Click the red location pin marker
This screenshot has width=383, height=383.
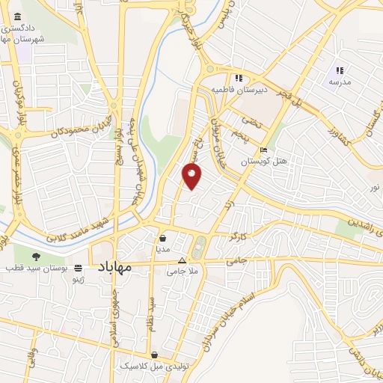pyautogui.click(x=192, y=175)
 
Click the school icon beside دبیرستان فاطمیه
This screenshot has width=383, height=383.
pyautogui.click(x=239, y=78)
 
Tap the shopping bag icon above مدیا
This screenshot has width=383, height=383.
pyautogui.click(x=163, y=238)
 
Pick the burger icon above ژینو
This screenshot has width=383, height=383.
pyautogui.click(x=79, y=267)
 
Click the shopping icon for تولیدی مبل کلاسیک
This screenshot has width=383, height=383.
pyautogui.click(x=154, y=355)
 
